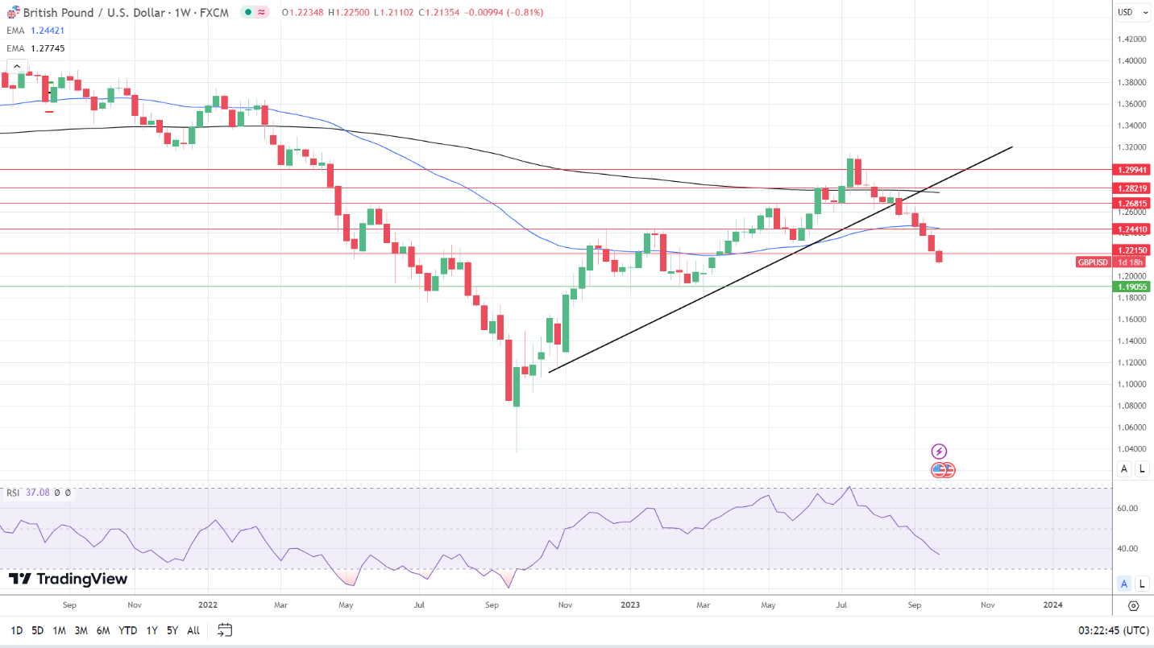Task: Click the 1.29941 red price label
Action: point(1132,170)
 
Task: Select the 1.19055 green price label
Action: point(1132,287)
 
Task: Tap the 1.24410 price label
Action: point(1132,229)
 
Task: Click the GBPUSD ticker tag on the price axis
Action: point(1094,262)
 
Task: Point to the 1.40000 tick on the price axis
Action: point(1133,60)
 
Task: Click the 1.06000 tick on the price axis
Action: point(1133,427)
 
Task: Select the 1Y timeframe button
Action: point(152,630)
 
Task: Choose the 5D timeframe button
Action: point(38,630)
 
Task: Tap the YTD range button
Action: point(127,630)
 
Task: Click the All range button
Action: point(193,630)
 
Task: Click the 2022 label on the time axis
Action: point(208,604)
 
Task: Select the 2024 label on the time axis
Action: point(1052,604)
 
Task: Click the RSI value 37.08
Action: point(38,493)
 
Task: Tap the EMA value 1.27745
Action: point(48,48)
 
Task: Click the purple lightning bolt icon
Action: point(939,452)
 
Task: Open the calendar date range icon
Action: point(225,630)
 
